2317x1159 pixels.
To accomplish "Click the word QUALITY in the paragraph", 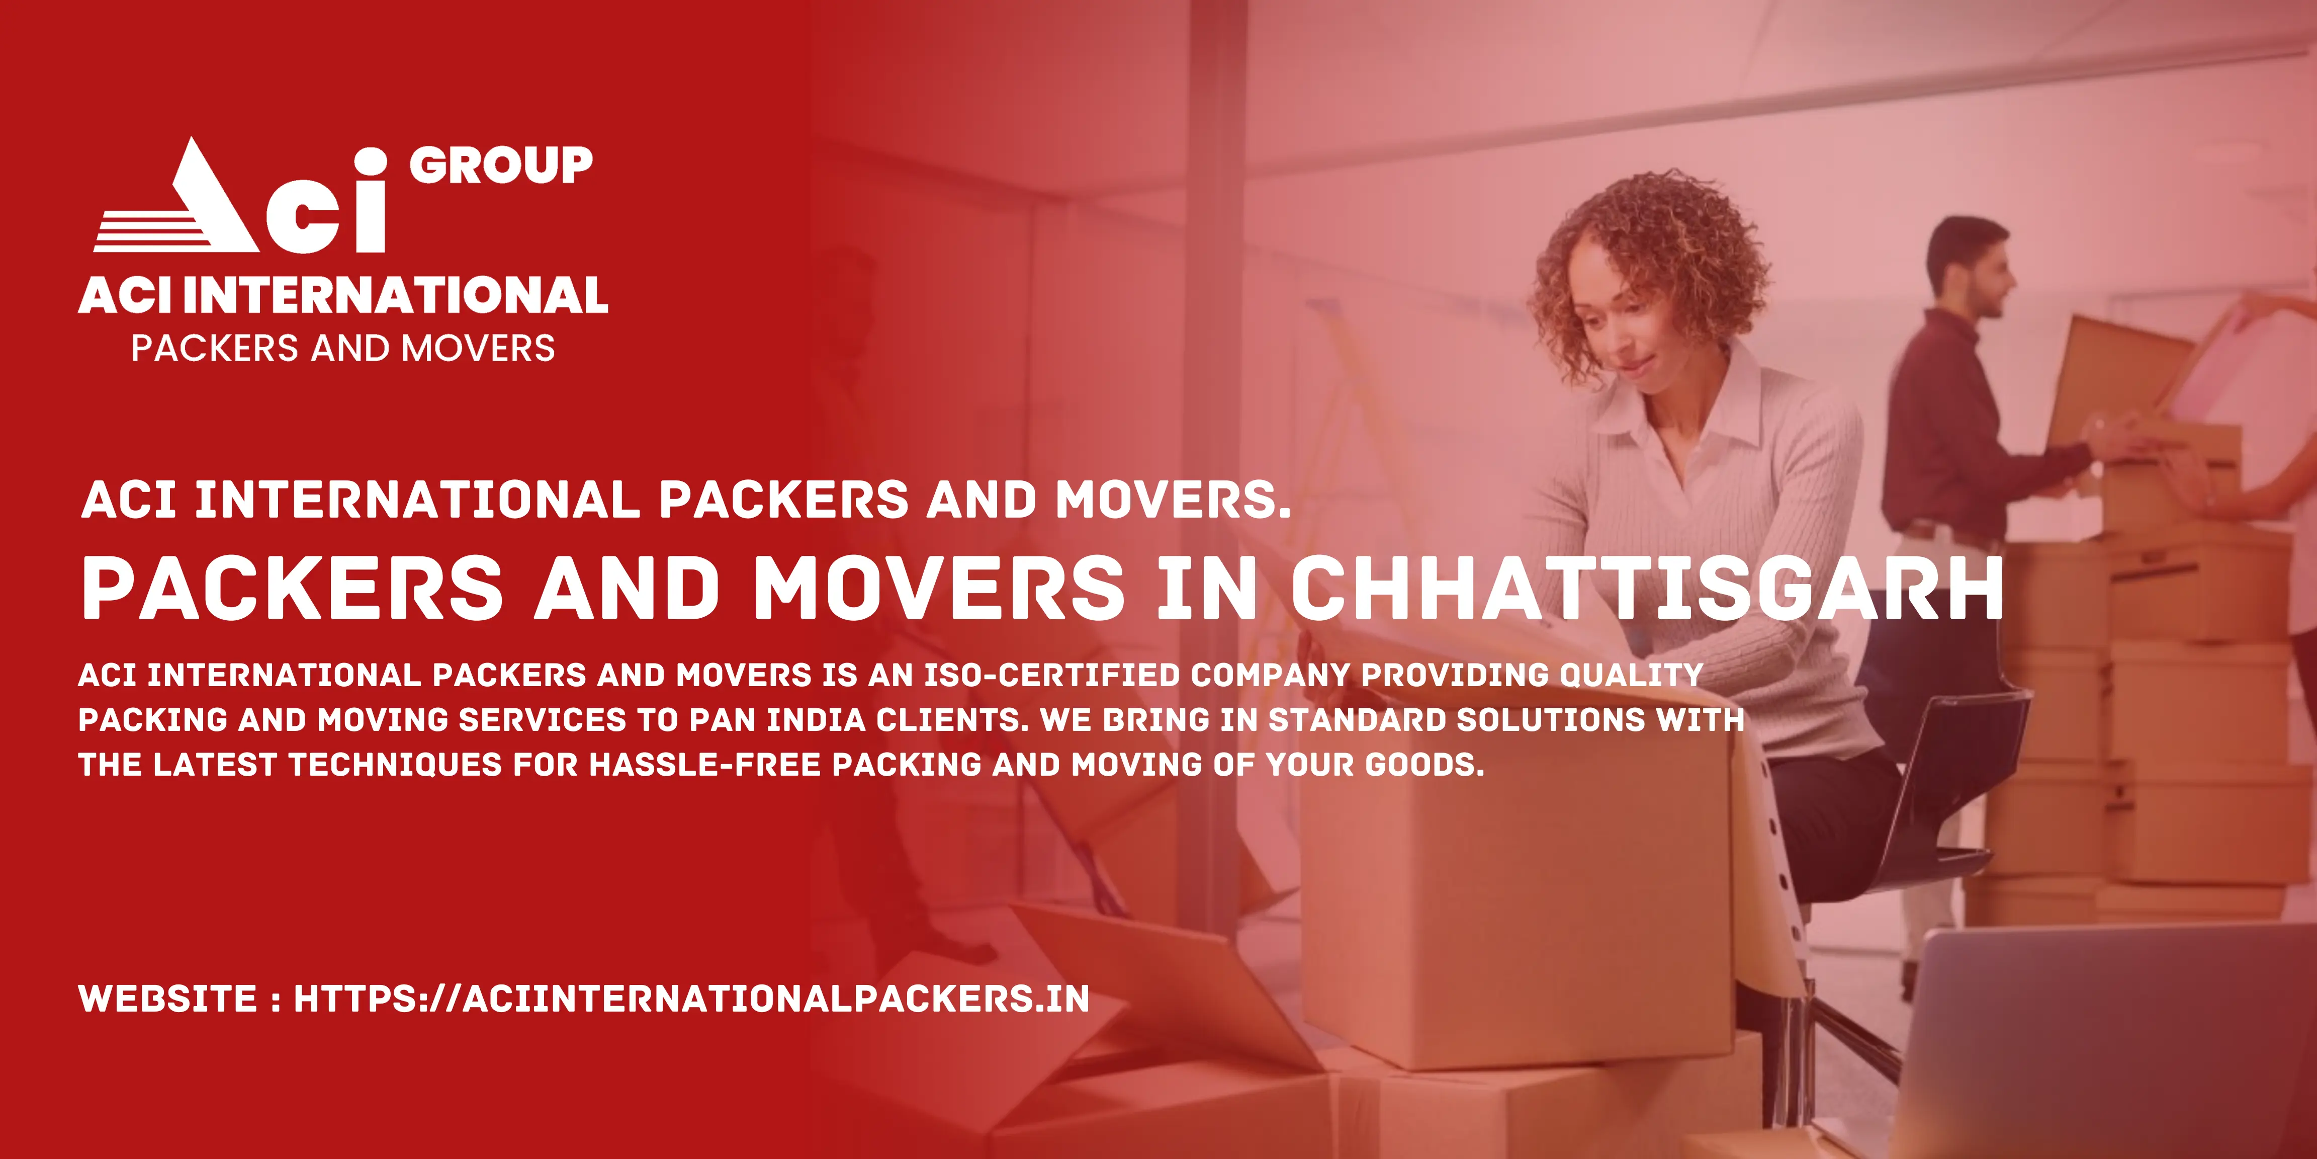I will pyautogui.click(x=1631, y=675).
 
